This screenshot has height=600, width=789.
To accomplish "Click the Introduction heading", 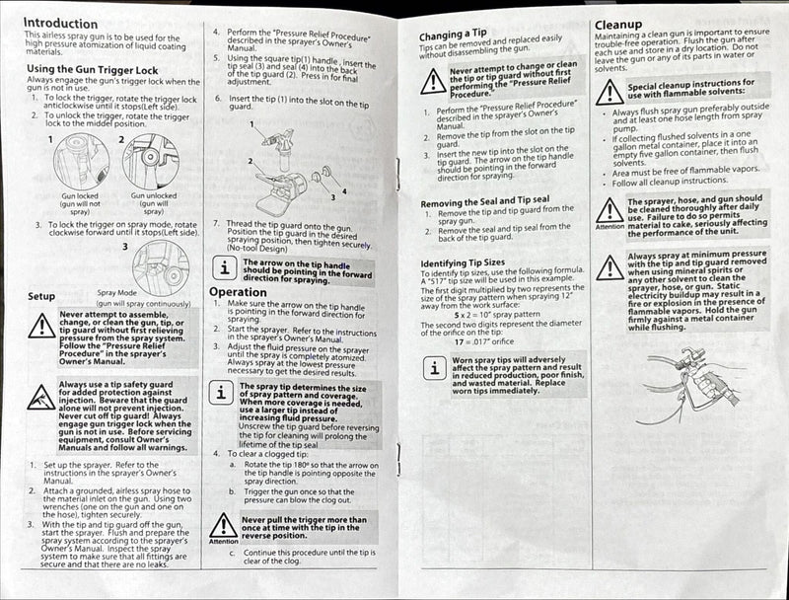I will click(60, 23).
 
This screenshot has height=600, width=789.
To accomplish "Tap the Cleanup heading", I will click(618, 24).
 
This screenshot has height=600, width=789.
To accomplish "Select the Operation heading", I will click(238, 292).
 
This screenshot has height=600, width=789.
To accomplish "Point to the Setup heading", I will click(41, 295).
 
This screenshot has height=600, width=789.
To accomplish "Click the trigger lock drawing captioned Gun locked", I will click(82, 161).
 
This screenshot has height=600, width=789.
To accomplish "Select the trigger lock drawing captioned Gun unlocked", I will click(151, 161).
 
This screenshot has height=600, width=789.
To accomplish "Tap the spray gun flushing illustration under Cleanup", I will click(690, 390).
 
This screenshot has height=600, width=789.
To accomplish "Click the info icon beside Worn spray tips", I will click(433, 370).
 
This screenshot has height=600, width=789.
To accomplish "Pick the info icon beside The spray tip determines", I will click(224, 394).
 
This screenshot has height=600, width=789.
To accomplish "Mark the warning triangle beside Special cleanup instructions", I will click(610, 93).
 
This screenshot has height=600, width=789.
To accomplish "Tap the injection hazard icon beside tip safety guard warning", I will click(41, 397).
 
